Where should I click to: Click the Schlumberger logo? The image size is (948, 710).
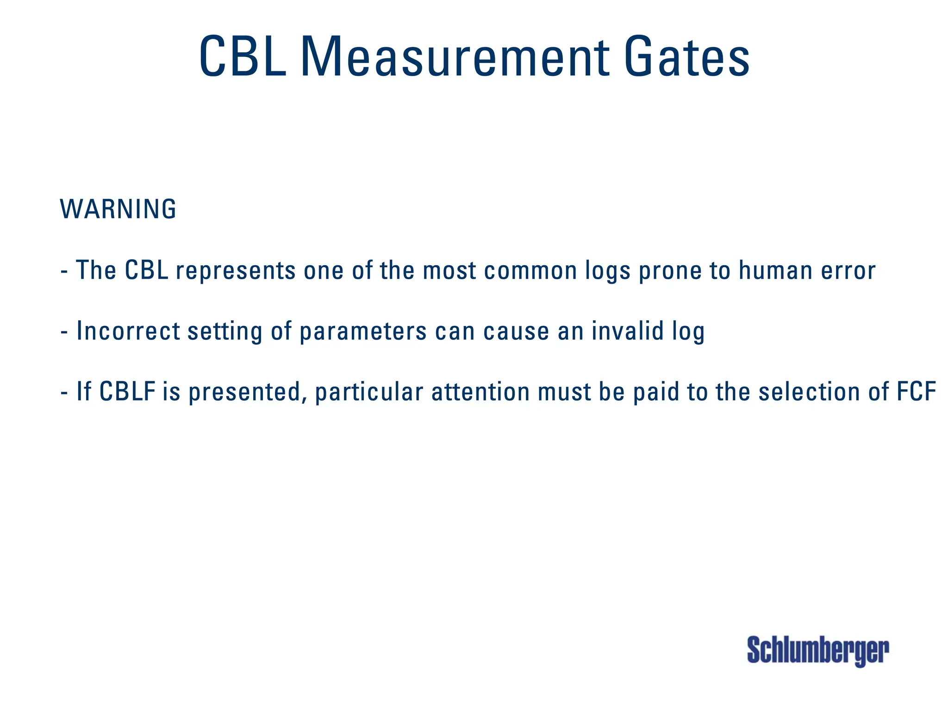[817, 650]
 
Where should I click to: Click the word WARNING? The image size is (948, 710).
[118, 209]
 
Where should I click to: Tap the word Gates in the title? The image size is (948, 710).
[686, 57]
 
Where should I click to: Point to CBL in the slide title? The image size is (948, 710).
[243, 57]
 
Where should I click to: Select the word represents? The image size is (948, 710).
[236, 270]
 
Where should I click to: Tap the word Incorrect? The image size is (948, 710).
[128, 331]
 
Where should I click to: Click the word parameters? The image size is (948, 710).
[363, 331]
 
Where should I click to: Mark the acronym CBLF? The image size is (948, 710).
[127, 392]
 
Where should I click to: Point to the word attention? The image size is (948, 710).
[480, 392]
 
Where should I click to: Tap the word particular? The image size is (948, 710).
[369, 392]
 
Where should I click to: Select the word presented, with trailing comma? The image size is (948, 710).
[248, 392]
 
